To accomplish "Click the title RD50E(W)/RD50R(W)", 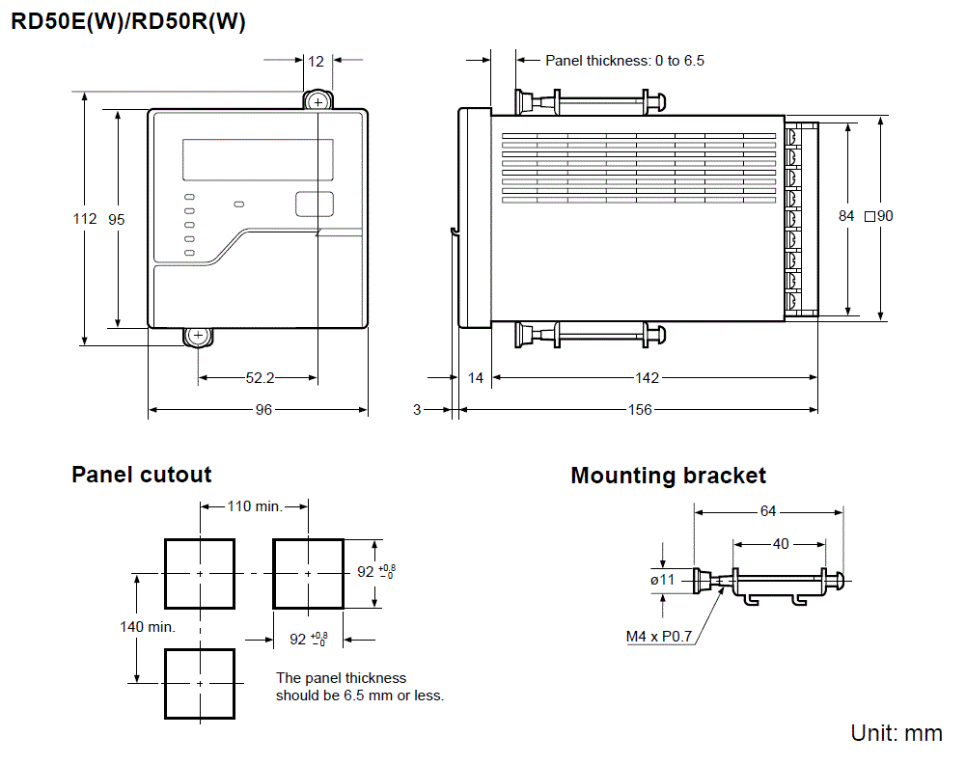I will click(128, 22).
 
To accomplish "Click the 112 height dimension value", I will click(85, 219).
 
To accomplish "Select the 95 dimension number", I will click(117, 219).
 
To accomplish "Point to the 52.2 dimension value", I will click(259, 378).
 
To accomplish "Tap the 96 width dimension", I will click(262, 410).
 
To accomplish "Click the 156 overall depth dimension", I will click(639, 410).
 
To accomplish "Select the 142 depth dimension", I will click(647, 378).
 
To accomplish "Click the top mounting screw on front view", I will click(317, 101).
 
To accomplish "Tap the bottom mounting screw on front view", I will click(198, 336).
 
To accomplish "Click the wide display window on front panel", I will click(258, 159).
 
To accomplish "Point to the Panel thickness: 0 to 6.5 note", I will click(624, 61).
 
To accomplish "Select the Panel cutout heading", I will click(142, 475).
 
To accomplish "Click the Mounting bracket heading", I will click(668, 476).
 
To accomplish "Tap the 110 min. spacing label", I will click(254, 506).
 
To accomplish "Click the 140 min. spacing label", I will click(147, 627).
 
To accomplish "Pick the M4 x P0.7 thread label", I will click(659, 637).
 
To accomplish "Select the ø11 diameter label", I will click(663, 580).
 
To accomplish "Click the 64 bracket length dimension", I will click(767, 511).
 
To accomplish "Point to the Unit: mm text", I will click(896, 733).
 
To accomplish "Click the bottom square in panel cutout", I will click(200, 683).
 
